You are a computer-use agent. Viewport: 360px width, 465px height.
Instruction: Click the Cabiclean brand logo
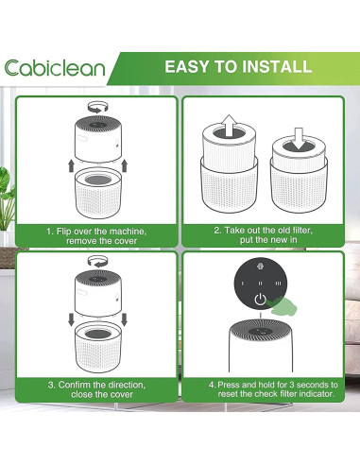[55, 68]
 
